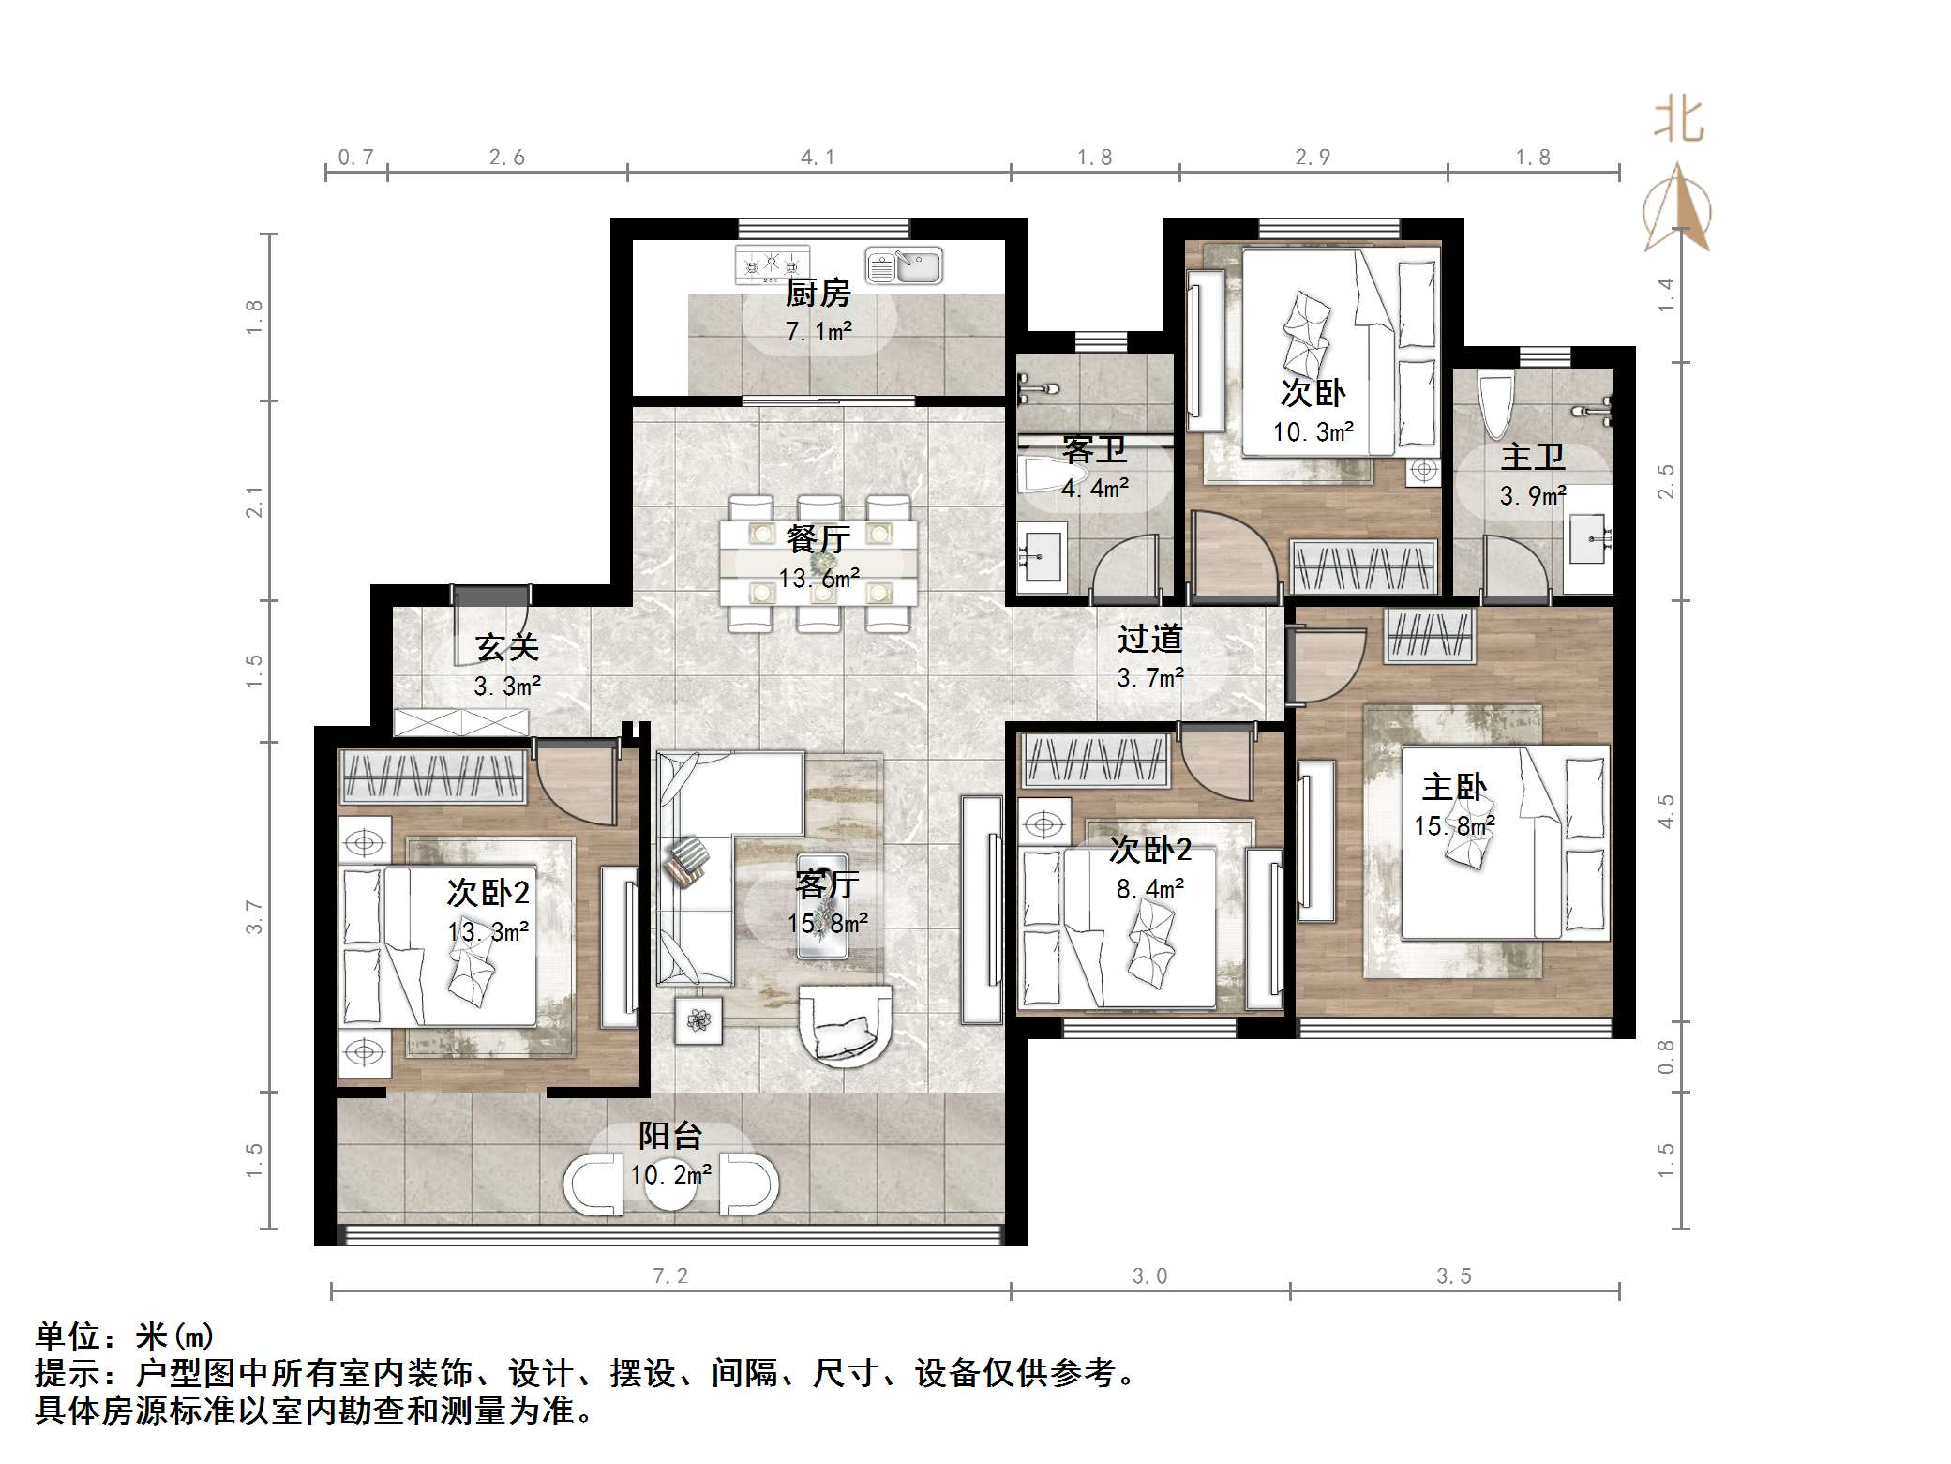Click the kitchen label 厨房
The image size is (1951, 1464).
(818, 294)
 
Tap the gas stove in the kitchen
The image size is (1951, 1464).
(772, 264)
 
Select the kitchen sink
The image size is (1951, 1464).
(903, 265)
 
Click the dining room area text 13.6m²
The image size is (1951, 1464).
(818, 579)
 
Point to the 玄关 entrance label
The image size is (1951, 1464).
(507, 646)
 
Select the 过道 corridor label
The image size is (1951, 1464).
(1149, 640)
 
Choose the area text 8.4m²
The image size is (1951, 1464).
(1149, 888)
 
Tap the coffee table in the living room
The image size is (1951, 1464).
(822, 906)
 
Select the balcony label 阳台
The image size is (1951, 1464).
(670, 1136)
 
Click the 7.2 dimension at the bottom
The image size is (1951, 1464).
(669, 1275)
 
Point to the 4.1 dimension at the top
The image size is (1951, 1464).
(818, 158)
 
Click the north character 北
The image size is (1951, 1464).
(1678, 122)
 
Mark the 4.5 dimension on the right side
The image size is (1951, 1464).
(1666, 810)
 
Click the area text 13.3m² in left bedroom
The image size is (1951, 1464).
(488, 931)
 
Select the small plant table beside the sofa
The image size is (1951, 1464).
(698, 1019)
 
